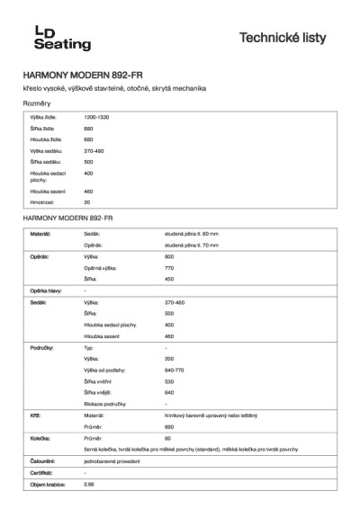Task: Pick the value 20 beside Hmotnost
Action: [87, 202]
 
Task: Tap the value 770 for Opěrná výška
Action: [170, 268]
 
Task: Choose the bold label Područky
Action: [42, 346]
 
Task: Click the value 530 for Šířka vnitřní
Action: [170, 381]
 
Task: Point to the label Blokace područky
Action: [105, 405]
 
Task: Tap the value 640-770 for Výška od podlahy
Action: [175, 370]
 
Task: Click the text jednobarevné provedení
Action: [113, 461]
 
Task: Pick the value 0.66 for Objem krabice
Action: [88, 485]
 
